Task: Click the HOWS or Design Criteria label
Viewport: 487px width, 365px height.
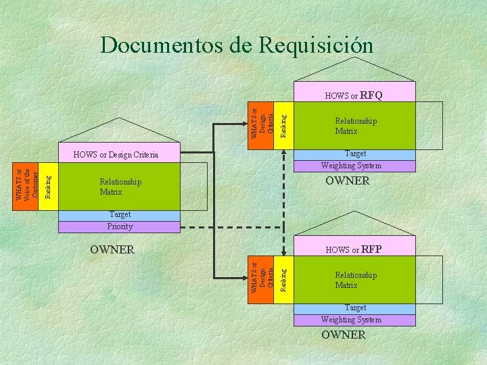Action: point(115,155)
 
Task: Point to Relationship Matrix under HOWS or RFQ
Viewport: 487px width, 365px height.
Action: point(356,126)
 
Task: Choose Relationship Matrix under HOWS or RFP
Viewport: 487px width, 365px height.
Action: point(356,280)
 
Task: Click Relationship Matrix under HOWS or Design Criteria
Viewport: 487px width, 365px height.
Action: point(120,187)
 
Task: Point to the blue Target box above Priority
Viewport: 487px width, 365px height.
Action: point(120,215)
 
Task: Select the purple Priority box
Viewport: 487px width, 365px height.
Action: point(120,226)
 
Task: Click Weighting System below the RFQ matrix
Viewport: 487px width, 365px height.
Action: point(351,166)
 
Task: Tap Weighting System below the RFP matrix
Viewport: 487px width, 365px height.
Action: point(351,320)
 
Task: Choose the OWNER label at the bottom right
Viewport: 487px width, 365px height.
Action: point(343,335)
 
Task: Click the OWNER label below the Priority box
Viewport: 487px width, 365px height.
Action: point(112,249)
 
